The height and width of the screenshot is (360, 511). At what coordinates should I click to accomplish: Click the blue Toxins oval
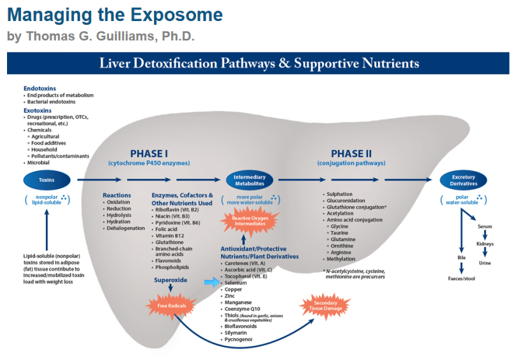(x=47, y=181)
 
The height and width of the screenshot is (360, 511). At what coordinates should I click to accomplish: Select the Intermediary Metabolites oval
(x=249, y=181)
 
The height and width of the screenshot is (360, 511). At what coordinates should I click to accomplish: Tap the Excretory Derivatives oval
(x=463, y=181)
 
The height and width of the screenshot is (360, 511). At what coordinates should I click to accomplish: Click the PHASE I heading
(x=149, y=154)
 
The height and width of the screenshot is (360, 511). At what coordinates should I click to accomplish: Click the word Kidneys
(x=485, y=244)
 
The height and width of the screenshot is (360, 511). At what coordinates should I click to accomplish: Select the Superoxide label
(x=171, y=280)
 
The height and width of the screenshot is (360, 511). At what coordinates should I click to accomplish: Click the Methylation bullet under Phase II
(x=342, y=260)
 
